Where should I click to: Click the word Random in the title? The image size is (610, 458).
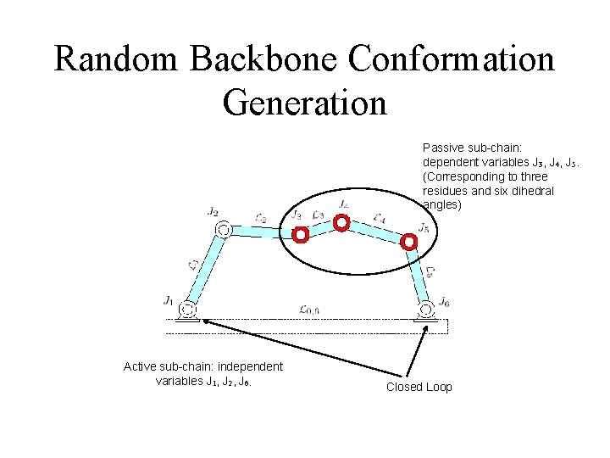[117, 59]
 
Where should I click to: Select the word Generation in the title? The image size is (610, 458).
[304, 103]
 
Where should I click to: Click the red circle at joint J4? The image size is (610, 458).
[341, 223]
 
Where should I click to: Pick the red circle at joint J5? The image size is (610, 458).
[408, 241]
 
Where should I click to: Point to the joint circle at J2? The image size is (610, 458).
[223, 229]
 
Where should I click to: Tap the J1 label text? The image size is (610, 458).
[169, 300]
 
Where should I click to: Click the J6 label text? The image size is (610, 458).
[444, 302]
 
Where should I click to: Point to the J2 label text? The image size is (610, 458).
[212, 211]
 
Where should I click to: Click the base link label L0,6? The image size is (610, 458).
[309, 310]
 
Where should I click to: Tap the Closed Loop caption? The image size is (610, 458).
[419, 387]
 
